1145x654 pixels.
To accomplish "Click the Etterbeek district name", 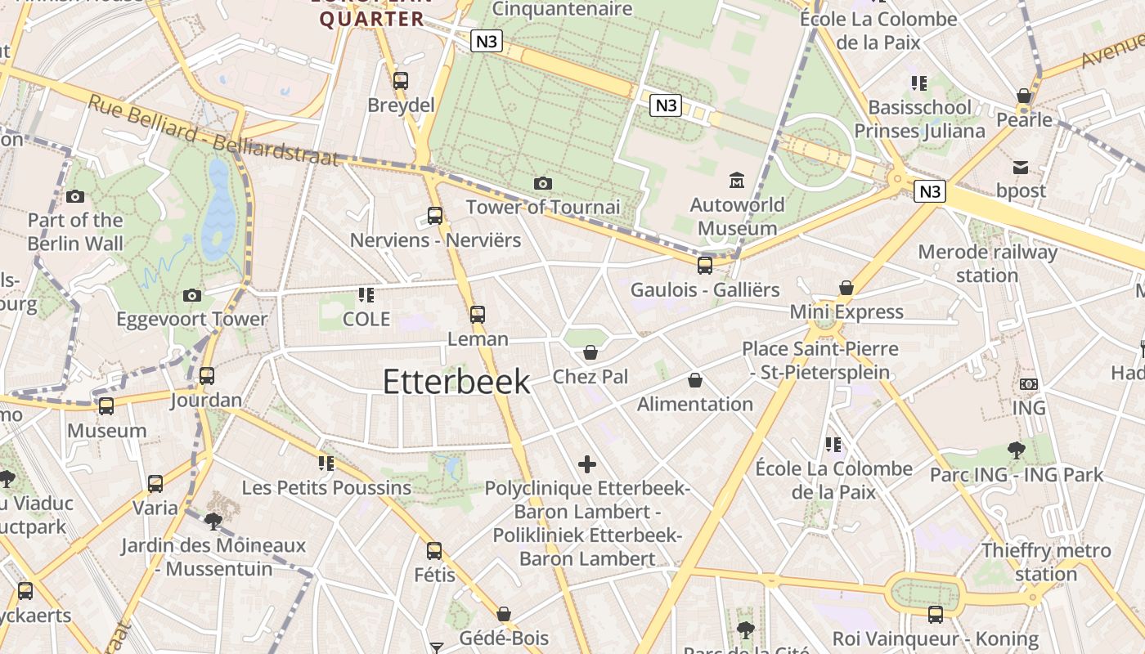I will [x=456, y=382].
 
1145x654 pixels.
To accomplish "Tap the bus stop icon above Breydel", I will [x=400, y=80].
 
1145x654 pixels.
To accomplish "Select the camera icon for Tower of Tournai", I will [x=542, y=183].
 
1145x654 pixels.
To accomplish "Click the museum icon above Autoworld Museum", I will [x=736, y=180].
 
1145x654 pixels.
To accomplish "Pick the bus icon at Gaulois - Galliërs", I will [x=704, y=265].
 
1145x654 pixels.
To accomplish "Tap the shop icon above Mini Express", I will [x=846, y=288].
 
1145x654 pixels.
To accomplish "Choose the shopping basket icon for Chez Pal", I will [x=590, y=352].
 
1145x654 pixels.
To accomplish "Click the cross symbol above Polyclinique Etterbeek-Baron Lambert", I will [x=587, y=464].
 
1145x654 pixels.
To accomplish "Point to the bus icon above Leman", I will [x=478, y=314].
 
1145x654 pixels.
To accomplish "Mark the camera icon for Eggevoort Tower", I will [x=192, y=295].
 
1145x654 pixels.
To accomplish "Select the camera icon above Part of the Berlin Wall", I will [x=75, y=196].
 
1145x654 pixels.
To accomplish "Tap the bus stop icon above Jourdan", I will [x=207, y=376].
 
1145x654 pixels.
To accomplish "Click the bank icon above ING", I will [x=1029, y=383].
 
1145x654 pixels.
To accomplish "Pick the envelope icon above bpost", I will [x=1021, y=168].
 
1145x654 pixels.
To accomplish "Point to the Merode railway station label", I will [x=987, y=263].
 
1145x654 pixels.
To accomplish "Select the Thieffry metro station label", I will [x=1046, y=562].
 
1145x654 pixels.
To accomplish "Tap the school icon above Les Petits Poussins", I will [x=326, y=464].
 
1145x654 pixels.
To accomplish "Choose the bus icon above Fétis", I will [x=434, y=550].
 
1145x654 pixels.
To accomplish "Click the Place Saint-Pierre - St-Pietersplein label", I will [x=820, y=361].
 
